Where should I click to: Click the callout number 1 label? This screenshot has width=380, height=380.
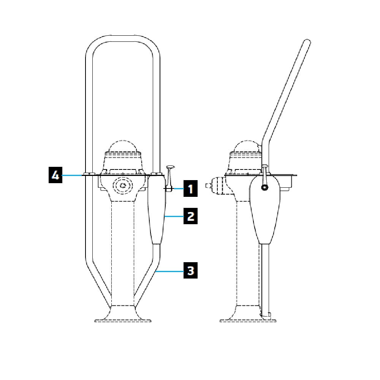(x=191, y=188)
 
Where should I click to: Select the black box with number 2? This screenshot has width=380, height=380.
(x=191, y=216)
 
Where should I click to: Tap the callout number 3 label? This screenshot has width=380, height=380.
(x=191, y=271)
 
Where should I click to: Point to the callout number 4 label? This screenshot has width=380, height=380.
(x=55, y=176)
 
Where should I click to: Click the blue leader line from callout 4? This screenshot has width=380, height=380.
(x=72, y=175)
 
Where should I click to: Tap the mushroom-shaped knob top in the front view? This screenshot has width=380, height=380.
(x=170, y=166)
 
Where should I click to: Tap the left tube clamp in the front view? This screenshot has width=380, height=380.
(x=89, y=174)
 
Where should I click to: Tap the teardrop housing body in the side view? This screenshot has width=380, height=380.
(x=265, y=213)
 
